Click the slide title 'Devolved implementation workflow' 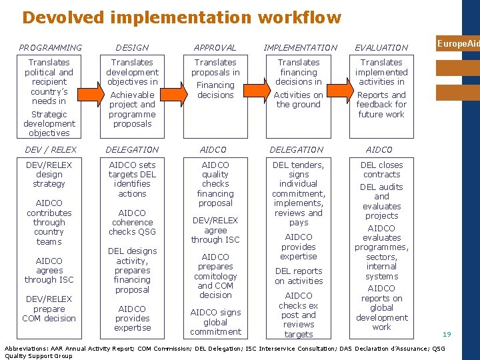coord(181,17)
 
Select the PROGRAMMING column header coord(51,47)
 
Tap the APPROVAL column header coord(215,47)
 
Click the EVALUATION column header coord(381,47)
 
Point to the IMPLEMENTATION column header coord(300,47)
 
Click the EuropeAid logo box coord(458,43)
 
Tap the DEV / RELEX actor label coord(51,150)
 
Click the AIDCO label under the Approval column coord(215,150)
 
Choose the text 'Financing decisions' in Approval coord(215,90)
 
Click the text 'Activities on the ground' coord(299,99)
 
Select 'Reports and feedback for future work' coord(381,105)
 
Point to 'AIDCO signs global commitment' coord(215,322)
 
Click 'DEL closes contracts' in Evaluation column coord(381,169)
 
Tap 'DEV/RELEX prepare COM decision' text coord(49,309)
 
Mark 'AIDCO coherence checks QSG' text coord(132,222)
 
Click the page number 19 coord(447,334)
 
